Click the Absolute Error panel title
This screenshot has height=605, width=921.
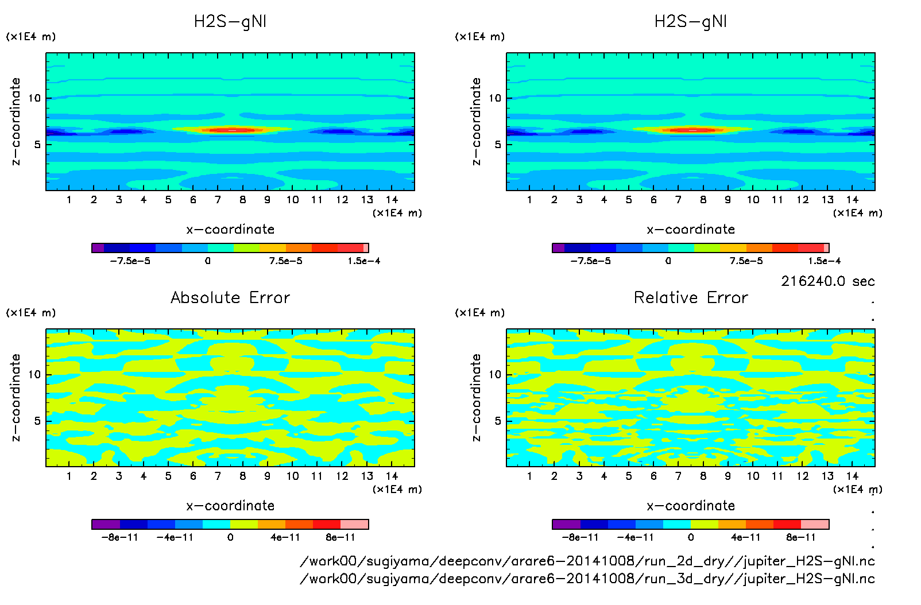coord(230,297)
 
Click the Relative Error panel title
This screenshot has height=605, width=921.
coord(690,297)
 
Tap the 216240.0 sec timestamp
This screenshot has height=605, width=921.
coord(827,281)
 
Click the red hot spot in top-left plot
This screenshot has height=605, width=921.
coord(232,130)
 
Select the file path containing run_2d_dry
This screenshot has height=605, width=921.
coord(587,561)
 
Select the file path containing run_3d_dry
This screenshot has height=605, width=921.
coord(587,579)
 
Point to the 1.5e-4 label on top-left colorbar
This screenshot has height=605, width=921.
coord(363,261)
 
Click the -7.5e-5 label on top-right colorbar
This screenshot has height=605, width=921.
coord(590,261)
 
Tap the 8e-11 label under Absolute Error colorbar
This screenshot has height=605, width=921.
coord(340,537)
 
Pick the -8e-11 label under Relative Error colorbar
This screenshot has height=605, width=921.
coord(580,537)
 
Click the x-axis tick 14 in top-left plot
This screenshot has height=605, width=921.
coord(392,200)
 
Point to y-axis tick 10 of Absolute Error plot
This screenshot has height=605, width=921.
coord(35,374)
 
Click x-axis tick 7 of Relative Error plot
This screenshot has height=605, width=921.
coord(678,476)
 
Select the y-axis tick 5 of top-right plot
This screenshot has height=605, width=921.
coord(498,144)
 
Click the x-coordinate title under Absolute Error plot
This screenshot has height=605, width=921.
coord(230,506)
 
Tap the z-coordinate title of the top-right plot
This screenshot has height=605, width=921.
coord(476,121)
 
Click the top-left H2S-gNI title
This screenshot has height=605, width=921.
coord(230,22)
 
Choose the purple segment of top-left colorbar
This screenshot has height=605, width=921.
coord(98,248)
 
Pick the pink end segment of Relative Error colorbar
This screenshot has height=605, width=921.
coord(815,524)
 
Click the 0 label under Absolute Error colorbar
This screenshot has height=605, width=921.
coord(230,537)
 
